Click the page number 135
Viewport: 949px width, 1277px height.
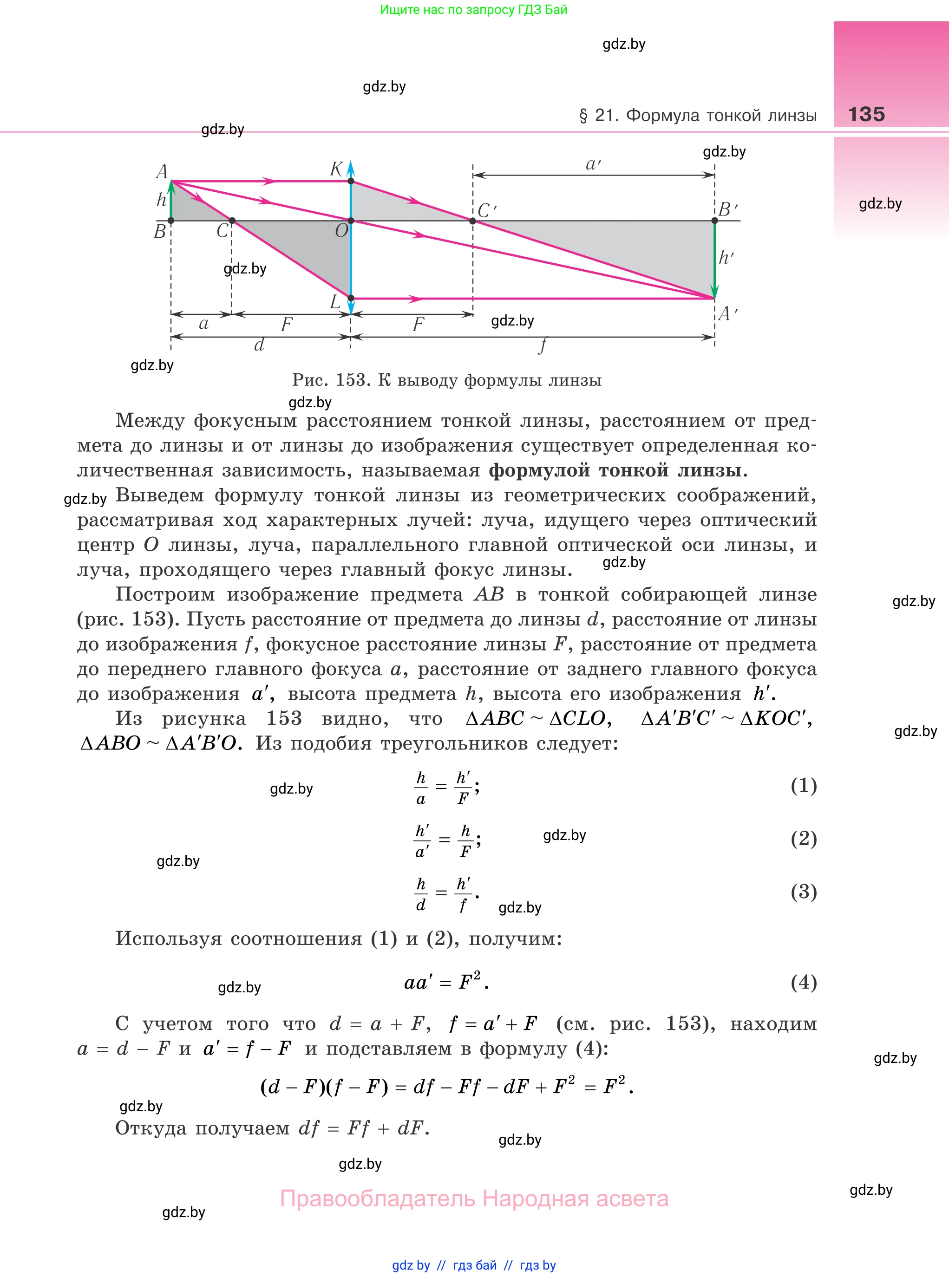tap(866, 114)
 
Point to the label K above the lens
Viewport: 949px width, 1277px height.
tap(336, 169)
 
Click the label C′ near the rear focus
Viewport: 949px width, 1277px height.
tap(486, 211)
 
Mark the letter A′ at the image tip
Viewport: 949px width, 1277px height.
tap(727, 313)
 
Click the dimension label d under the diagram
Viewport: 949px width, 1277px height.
tap(259, 345)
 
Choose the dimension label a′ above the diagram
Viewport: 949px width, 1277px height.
tap(593, 165)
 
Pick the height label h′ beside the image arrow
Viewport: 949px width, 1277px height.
tap(726, 257)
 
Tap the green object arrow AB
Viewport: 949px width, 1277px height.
tap(171, 201)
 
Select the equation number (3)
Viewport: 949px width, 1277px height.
tap(803, 891)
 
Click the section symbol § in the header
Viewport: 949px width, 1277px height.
tap(583, 116)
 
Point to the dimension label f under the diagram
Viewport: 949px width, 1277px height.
tap(542, 345)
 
